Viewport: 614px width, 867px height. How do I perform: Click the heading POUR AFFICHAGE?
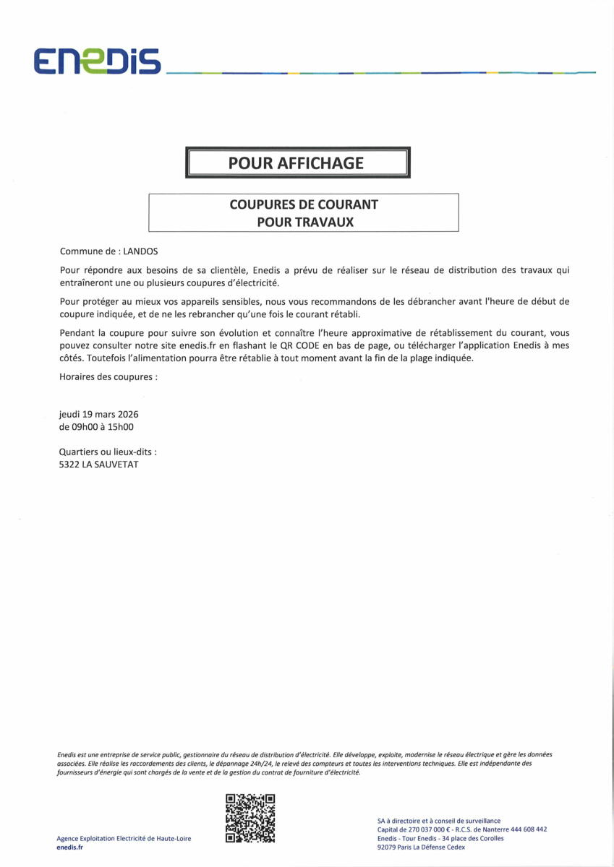296,163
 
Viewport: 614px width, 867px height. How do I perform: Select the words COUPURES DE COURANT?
304,204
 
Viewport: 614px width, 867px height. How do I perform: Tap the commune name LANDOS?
140,251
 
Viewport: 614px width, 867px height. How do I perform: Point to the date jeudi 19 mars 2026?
98,415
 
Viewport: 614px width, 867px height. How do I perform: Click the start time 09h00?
86,427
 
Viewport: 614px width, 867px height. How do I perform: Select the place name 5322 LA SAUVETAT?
98,465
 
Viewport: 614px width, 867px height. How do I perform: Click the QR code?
250,818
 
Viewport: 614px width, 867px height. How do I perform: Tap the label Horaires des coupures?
108,377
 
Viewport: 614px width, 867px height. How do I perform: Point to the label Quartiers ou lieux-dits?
108,452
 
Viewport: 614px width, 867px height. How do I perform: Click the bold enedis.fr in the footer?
69,847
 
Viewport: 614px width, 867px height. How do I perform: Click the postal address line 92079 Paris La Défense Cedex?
421,847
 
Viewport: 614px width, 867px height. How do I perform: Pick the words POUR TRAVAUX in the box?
305,222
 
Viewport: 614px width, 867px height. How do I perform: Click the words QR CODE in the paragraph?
302,345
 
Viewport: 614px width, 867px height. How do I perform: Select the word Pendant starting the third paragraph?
77,332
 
